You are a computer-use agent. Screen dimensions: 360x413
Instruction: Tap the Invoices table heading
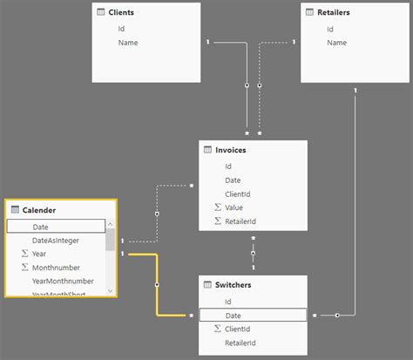click(x=230, y=150)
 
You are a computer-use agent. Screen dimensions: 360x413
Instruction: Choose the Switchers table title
click(x=234, y=284)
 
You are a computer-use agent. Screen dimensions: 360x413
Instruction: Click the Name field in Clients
click(x=128, y=42)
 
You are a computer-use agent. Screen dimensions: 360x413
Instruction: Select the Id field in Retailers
click(x=330, y=29)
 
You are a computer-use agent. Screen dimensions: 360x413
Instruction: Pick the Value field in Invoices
click(x=234, y=207)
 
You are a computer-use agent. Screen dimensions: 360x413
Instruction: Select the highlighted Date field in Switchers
click(x=234, y=315)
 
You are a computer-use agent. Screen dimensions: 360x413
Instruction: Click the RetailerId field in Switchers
click(x=240, y=343)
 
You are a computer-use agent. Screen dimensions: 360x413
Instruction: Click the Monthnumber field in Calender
click(x=58, y=267)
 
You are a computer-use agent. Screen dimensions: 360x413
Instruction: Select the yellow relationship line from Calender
click(x=156, y=284)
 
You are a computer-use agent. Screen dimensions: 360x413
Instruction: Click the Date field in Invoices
click(x=233, y=180)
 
